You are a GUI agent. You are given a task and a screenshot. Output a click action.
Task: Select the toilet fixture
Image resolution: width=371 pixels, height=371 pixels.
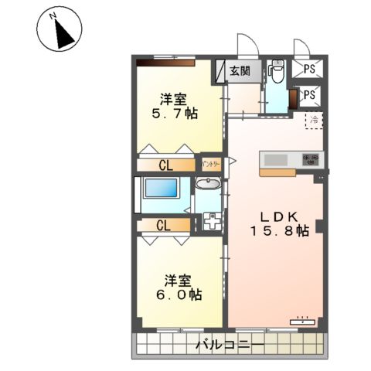pos(277,72)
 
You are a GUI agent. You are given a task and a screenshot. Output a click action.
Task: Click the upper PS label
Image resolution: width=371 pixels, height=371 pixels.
pos(309,69)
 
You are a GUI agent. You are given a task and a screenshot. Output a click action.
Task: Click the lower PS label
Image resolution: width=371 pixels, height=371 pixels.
pos(309,95)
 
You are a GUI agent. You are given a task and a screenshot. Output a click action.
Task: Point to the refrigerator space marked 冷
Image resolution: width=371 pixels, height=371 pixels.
pos(314,120)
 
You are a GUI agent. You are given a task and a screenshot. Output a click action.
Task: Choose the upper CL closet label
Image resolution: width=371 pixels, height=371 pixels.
pos(165,165)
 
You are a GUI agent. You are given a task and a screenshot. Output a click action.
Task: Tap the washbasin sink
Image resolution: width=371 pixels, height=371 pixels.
pos(207,184)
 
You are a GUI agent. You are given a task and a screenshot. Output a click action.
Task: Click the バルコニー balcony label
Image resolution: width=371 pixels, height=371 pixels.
pos(230,343)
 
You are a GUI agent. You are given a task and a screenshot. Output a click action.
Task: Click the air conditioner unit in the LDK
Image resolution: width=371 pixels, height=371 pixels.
pos(304,318)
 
